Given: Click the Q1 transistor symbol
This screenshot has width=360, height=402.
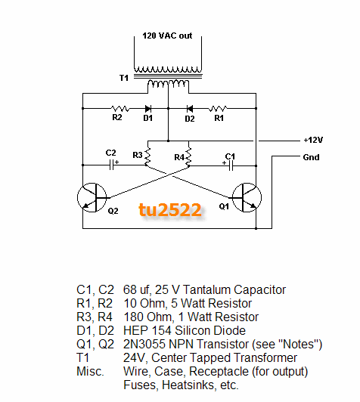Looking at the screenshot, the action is (x=247, y=197).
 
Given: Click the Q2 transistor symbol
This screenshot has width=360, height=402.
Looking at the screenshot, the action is (x=92, y=197).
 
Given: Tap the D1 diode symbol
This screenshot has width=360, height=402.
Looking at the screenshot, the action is (x=148, y=109).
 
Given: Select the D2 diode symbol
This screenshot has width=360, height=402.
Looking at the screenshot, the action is (x=190, y=109).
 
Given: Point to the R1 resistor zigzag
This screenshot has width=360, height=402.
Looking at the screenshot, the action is (x=218, y=109).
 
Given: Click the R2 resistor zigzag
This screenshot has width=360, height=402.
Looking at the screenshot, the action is (x=120, y=109).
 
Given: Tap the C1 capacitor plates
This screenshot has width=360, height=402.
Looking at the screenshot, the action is (x=231, y=165).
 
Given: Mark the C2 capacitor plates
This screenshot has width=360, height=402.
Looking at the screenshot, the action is (x=111, y=165).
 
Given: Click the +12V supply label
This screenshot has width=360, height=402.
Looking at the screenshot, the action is (x=313, y=140).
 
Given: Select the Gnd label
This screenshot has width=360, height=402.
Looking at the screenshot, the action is (x=311, y=157).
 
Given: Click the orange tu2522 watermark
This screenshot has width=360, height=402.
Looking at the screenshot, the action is (x=170, y=210).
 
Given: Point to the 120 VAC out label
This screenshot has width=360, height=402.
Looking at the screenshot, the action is (x=167, y=36).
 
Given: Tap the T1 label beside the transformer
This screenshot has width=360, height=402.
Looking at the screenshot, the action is (x=124, y=78).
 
